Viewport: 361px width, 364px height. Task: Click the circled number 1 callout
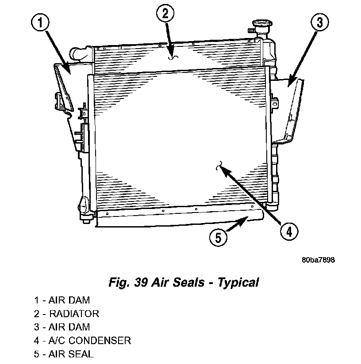(x=40, y=23)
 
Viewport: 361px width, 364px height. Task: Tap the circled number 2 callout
(x=165, y=13)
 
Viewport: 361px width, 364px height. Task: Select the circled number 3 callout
(x=320, y=22)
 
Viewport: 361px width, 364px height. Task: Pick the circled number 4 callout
(x=289, y=231)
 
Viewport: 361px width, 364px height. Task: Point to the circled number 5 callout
(x=218, y=238)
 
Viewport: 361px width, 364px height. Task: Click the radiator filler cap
(x=262, y=24)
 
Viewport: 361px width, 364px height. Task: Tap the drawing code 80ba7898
(x=318, y=260)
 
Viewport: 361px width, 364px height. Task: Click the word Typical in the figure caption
(x=238, y=283)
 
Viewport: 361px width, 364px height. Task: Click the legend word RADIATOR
(x=74, y=314)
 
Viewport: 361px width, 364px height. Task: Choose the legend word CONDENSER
(x=100, y=341)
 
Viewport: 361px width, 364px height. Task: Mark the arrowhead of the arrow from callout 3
(x=291, y=82)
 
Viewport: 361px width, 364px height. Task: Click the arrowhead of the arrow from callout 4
(x=223, y=171)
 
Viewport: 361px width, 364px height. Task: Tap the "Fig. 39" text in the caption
(x=128, y=283)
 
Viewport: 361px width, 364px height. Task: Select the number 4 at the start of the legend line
(x=36, y=341)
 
